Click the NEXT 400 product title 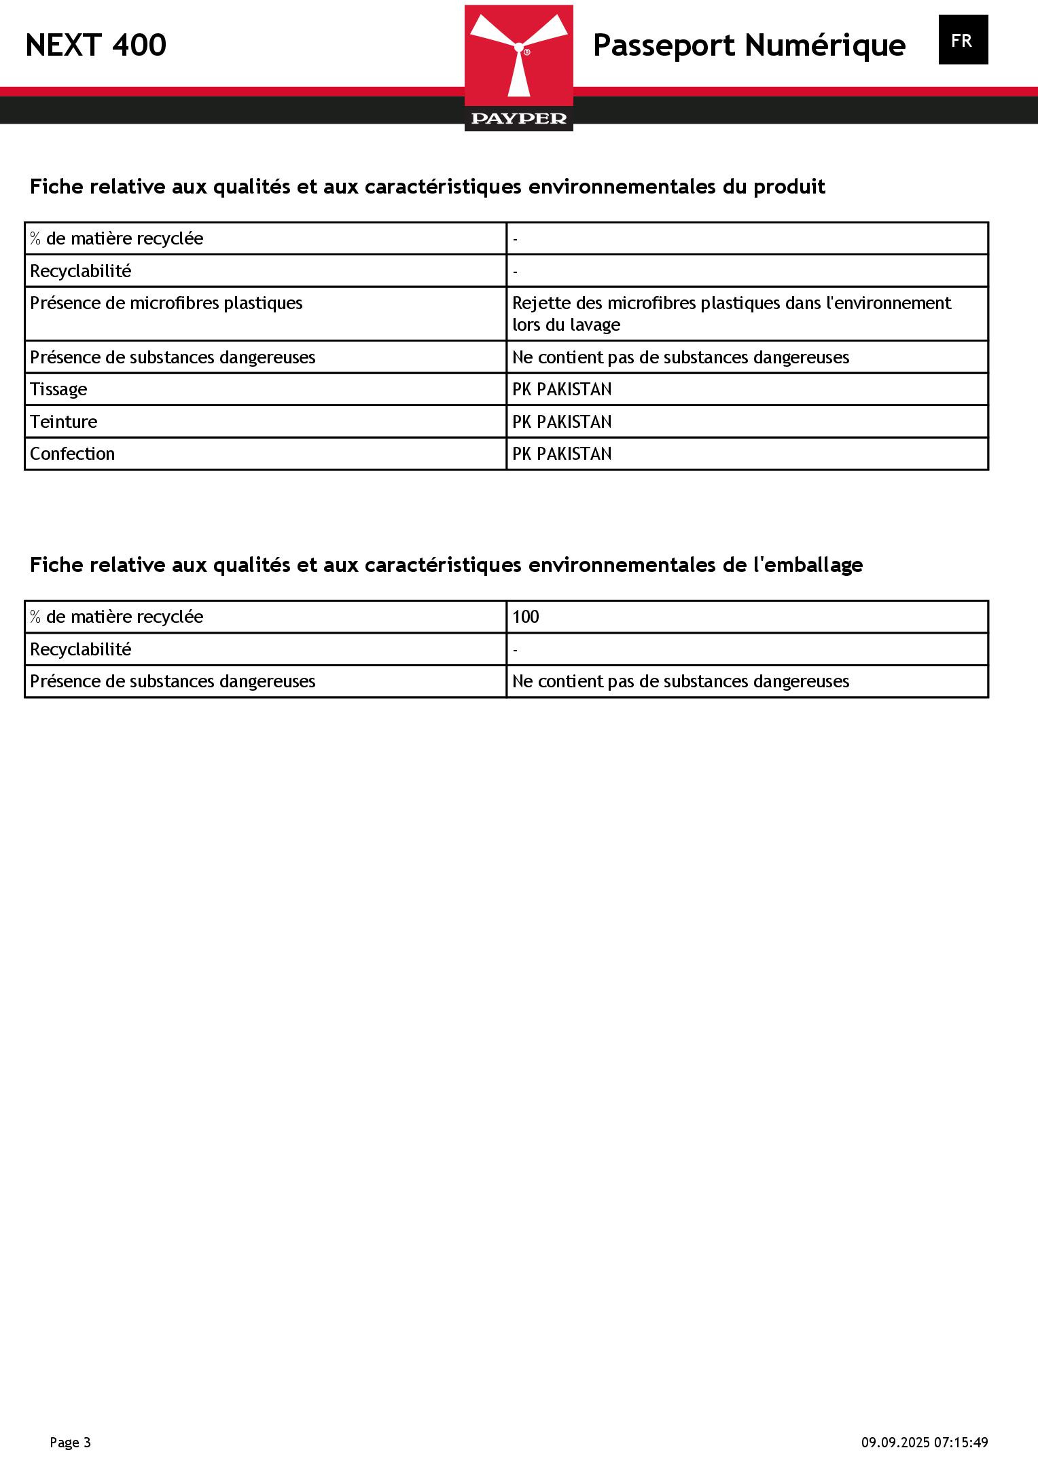tap(96, 46)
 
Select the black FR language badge tap(963, 40)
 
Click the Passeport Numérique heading tap(749, 46)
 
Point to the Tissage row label tap(58, 389)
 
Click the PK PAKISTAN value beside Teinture tap(562, 422)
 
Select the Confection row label tap(72, 454)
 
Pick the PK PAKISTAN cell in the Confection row tap(562, 454)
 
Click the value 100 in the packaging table tap(525, 617)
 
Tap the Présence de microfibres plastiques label tap(166, 303)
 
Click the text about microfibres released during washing tap(731, 313)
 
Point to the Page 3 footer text tap(70, 1443)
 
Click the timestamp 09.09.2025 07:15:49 tap(925, 1443)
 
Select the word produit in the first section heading tap(789, 187)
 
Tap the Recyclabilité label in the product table tap(80, 271)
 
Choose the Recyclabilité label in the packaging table tap(80, 649)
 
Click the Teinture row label tap(63, 422)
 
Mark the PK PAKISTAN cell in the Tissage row tap(562, 389)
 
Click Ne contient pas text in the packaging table tap(680, 681)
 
